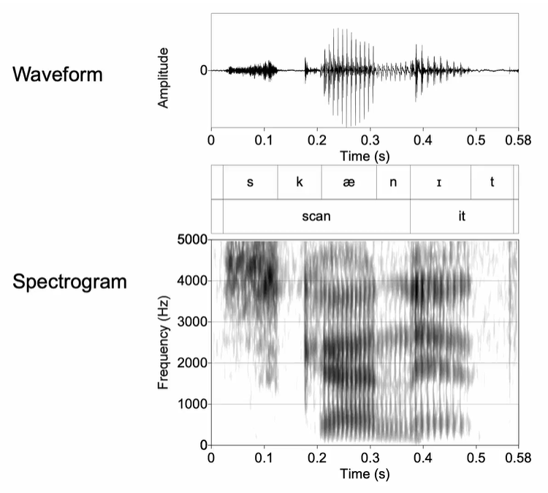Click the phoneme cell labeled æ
[x=349, y=182]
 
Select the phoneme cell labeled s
[x=250, y=182]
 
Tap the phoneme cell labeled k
[x=300, y=182]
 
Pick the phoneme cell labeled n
[x=393, y=182]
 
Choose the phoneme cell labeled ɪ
[x=441, y=182]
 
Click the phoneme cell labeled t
[x=492, y=182]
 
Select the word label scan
[x=316, y=217]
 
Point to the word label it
[x=462, y=217]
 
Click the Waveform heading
[x=58, y=74]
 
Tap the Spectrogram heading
[x=69, y=282]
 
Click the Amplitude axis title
[x=163, y=78]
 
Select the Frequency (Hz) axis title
[x=163, y=342]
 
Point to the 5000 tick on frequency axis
[x=192, y=240]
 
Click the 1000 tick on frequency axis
[x=192, y=404]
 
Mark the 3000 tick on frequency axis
[x=192, y=322]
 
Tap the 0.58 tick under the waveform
[x=518, y=140]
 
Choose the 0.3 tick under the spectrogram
[x=370, y=458]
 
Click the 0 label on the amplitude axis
[x=204, y=70]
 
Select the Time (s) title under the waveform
[x=365, y=156]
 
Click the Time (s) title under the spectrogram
[x=365, y=474]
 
